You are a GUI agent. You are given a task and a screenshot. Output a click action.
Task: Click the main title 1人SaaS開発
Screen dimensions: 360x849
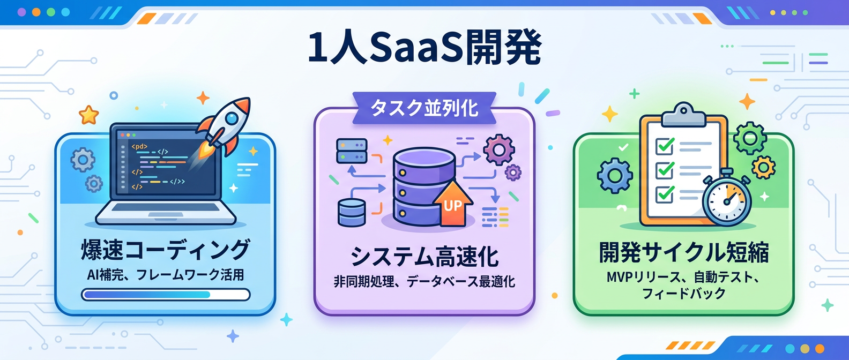tap(424, 48)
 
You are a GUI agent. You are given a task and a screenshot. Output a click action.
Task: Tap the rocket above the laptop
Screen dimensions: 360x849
tap(225, 126)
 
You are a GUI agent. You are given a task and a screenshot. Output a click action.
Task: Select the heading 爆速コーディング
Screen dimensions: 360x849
tap(165, 250)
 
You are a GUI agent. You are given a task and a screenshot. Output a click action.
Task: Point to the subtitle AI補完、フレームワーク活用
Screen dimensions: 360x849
tap(165, 275)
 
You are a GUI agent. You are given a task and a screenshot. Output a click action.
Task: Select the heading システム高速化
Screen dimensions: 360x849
tap(424, 256)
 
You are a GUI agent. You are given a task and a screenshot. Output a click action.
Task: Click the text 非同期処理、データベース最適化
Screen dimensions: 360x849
tap(424, 281)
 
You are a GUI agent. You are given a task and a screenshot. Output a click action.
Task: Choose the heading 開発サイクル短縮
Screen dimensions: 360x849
tap(683, 252)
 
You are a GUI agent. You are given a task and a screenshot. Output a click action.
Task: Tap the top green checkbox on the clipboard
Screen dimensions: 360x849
tap(665, 146)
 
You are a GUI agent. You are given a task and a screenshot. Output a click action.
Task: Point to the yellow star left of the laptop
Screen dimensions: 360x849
tap(89, 115)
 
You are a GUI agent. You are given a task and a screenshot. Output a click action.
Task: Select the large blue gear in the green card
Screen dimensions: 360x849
tap(614, 176)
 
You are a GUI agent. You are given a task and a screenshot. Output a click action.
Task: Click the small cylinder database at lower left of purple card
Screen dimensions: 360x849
tap(352, 212)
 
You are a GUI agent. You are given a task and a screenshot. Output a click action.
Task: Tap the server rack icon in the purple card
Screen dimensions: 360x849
tap(352, 151)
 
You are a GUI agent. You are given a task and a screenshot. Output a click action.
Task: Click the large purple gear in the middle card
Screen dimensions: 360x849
tap(499, 149)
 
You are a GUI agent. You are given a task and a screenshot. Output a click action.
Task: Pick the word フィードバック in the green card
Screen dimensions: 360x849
tap(683, 294)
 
